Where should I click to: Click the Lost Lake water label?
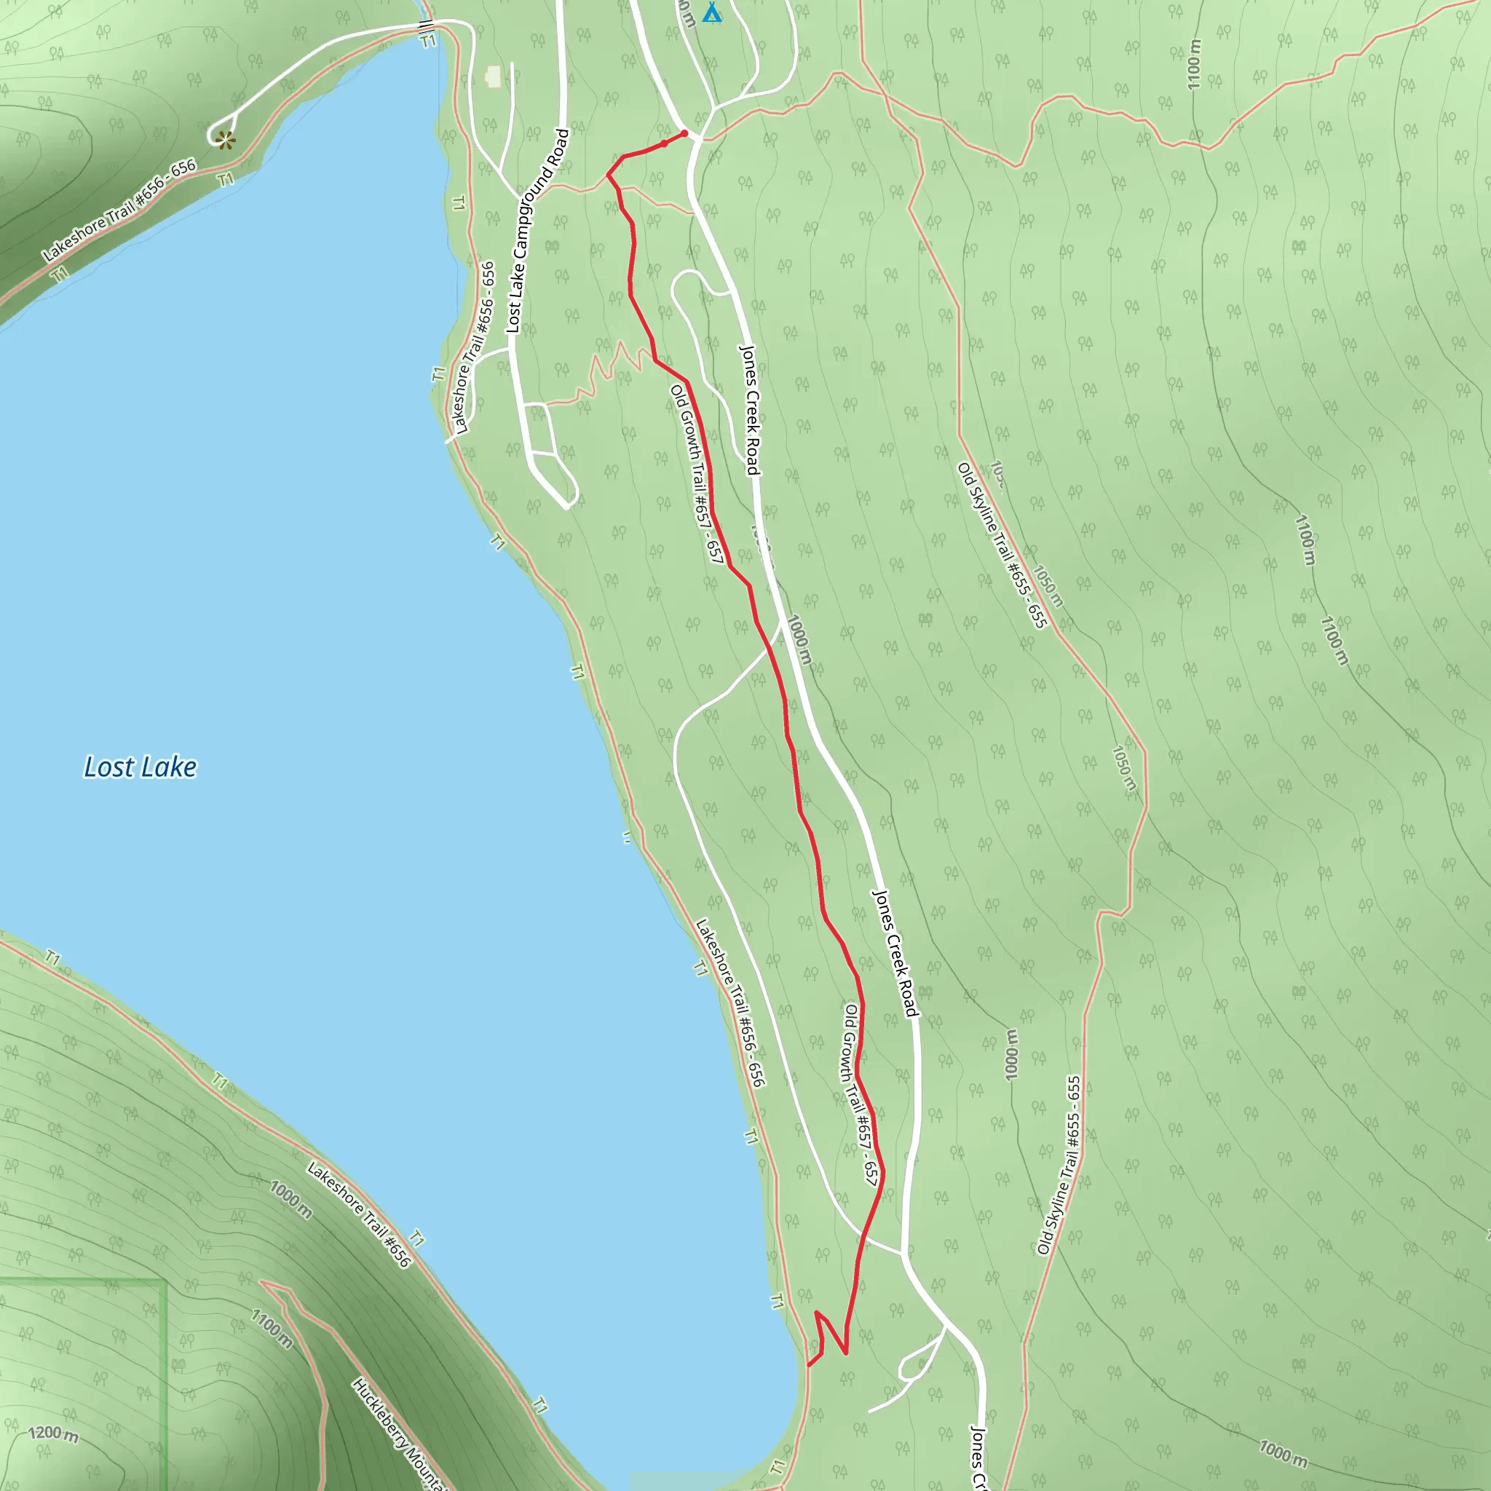(x=140, y=767)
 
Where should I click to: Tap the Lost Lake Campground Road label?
(x=538, y=232)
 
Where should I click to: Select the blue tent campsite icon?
(x=711, y=13)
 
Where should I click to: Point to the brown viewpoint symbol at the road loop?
(x=224, y=140)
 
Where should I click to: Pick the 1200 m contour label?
(x=53, y=1434)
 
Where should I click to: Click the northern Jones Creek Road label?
(x=750, y=410)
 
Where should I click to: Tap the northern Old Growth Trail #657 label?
(x=697, y=474)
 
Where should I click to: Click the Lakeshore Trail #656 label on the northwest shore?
(x=119, y=210)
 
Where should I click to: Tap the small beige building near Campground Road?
(x=493, y=76)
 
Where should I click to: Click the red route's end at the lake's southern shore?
(x=808, y=1366)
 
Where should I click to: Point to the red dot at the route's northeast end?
(x=684, y=133)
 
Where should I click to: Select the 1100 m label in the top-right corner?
(x=1194, y=64)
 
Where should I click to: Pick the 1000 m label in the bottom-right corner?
(x=1283, y=1454)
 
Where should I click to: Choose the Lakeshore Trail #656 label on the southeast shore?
(x=730, y=1003)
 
